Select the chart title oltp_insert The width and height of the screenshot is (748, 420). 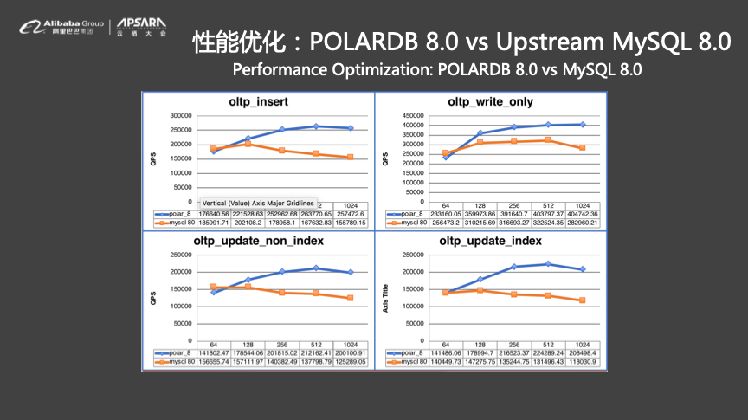259,101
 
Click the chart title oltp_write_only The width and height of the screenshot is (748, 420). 490,101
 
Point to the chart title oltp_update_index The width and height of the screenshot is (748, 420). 490,240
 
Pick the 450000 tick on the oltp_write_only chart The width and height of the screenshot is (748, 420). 410,115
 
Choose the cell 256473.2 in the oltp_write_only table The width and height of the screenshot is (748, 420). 448,223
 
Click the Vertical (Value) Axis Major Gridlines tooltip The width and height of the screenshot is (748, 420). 257,203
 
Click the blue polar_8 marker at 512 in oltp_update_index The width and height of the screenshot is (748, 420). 548,264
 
